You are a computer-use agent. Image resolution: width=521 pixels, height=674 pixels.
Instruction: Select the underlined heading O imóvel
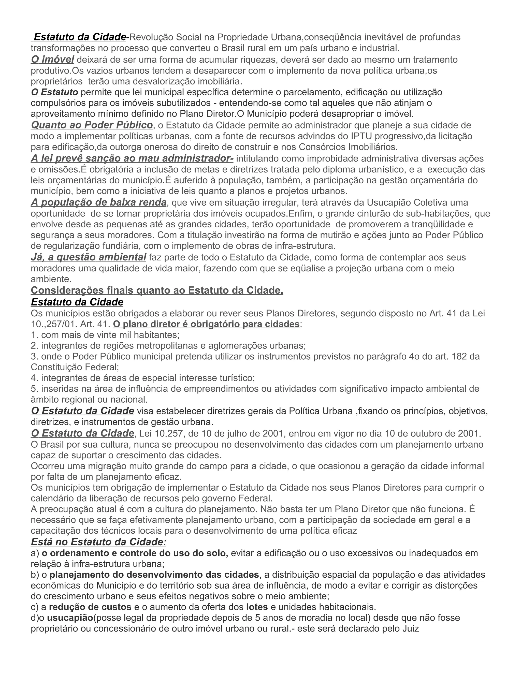(52, 60)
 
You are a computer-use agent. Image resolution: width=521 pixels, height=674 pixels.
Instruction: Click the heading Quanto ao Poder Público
(92, 125)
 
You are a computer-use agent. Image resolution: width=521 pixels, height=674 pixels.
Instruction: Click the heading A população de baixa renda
(98, 202)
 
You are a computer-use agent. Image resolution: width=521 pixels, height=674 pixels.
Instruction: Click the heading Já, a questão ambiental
(88, 257)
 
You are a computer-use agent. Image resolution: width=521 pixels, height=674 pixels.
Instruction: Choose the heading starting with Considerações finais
(157, 291)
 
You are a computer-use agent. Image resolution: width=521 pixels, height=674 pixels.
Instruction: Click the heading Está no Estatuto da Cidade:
(98, 542)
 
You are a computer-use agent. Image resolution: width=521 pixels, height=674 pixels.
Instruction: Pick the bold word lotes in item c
(257, 607)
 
